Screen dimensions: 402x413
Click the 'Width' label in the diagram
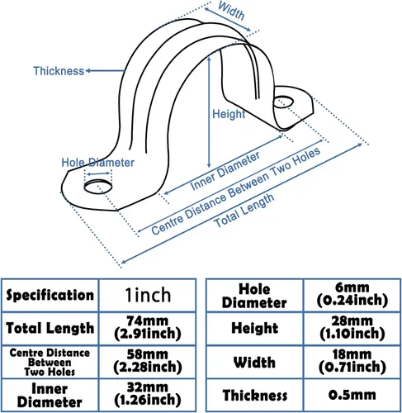pos(231,11)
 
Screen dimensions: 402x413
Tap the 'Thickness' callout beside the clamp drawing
pos(59,71)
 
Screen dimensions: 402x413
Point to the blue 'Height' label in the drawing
pos(229,114)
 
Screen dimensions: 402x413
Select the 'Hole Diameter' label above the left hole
pos(97,163)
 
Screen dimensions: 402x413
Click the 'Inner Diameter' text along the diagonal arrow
pos(225,171)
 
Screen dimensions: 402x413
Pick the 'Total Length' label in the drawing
pos(244,211)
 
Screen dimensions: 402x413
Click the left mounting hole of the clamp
pos(98,187)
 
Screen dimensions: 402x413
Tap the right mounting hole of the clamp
pos(283,102)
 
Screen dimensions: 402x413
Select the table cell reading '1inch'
pos(148,295)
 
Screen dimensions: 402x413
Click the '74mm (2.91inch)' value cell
pos(148,328)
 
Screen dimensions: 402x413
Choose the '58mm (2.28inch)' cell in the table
pos(148,362)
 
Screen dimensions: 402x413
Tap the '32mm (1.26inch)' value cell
pos(148,395)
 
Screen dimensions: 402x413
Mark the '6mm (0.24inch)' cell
pos(352,295)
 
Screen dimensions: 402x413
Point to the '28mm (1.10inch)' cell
pos(352,328)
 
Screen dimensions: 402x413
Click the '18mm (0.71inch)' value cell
pos(352,362)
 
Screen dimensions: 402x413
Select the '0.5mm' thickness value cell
pos(352,395)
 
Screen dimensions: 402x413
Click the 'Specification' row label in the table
pos(50,295)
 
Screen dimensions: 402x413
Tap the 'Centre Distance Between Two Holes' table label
pos(50,362)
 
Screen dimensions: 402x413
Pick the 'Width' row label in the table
pos(254,362)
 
